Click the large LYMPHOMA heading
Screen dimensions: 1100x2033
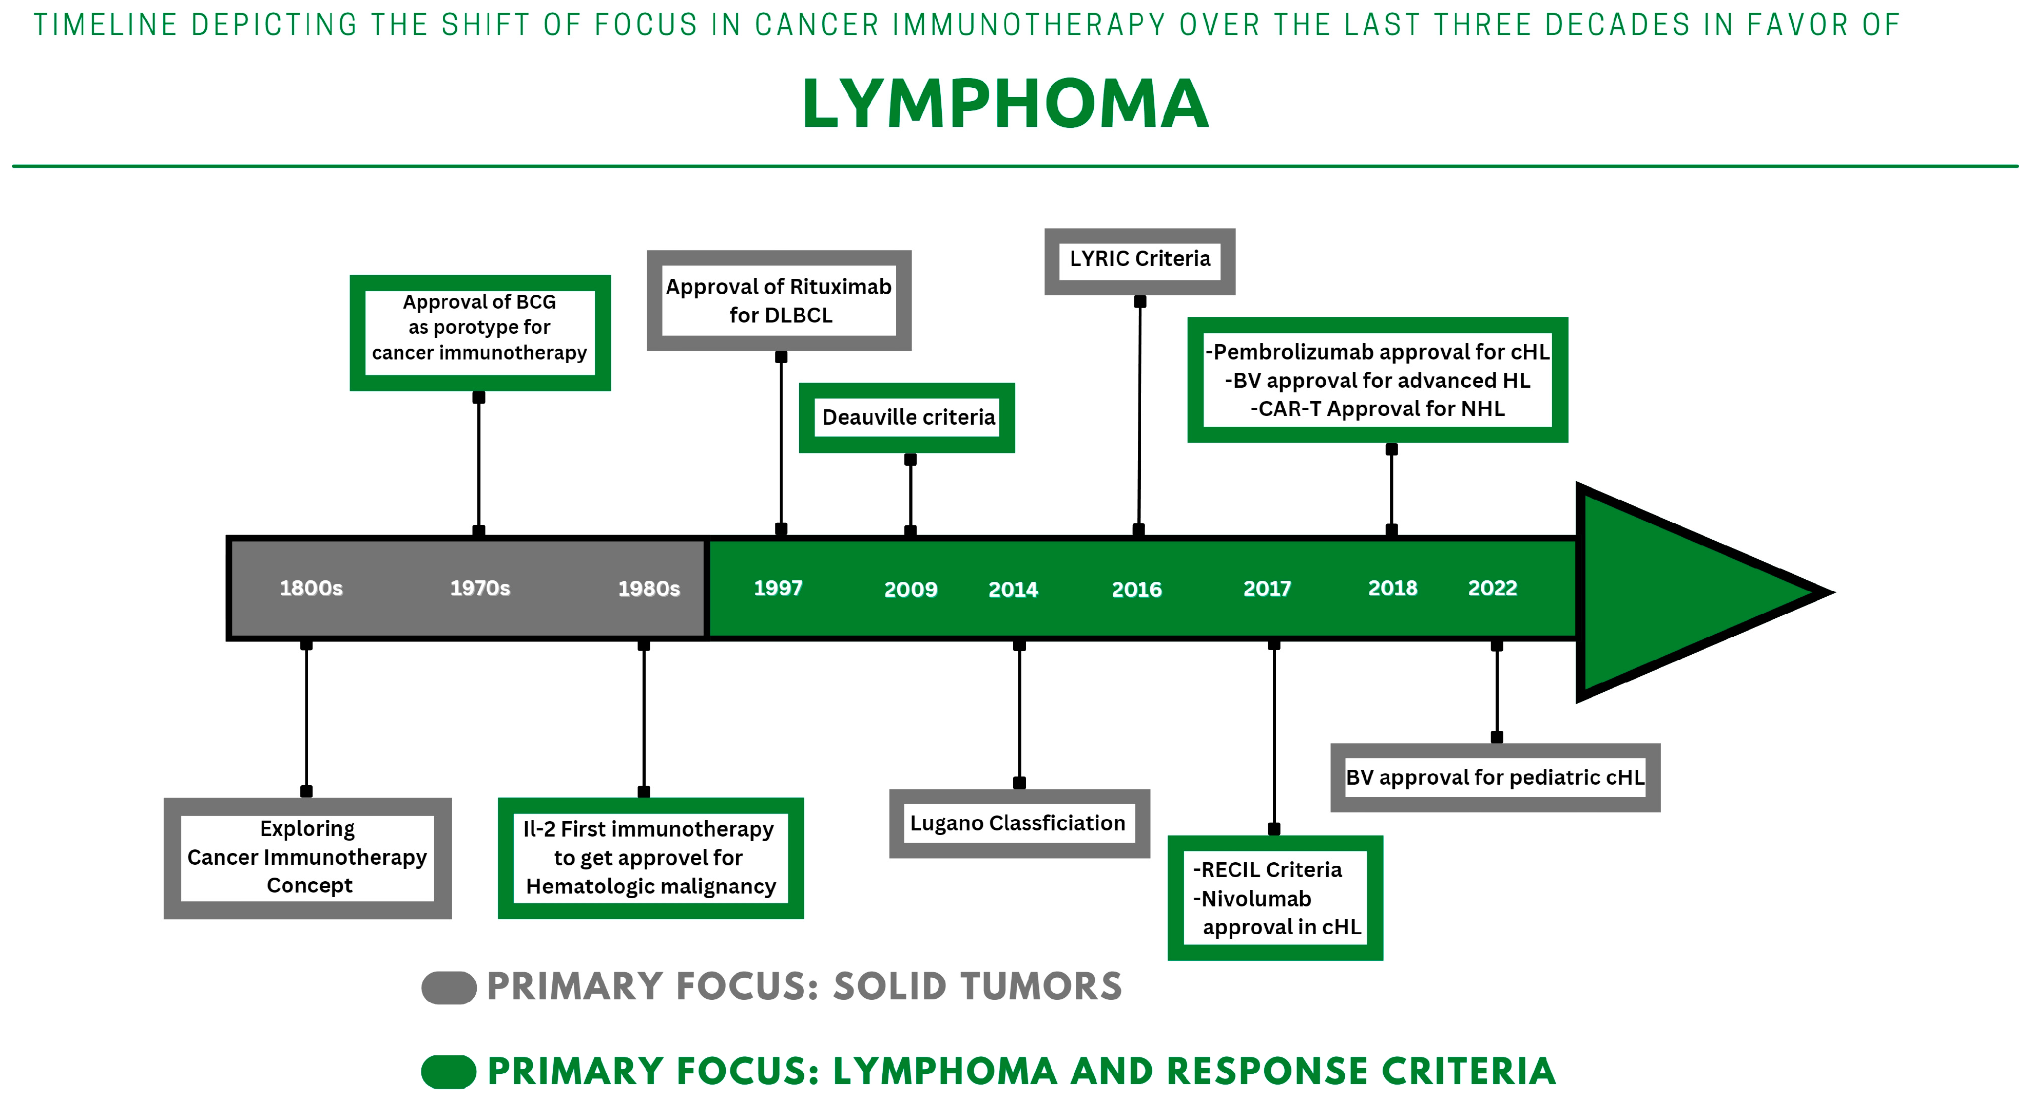point(1004,105)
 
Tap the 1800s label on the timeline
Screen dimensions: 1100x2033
point(311,589)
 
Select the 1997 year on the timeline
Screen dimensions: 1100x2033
point(778,589)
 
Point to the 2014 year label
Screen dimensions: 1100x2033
point(1013,589)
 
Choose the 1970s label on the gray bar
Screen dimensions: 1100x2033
point(480,589)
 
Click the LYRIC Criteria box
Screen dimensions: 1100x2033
point(1139,260)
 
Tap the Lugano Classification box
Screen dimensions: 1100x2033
point(1018,824)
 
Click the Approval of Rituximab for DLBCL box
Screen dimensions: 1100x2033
point(779,301)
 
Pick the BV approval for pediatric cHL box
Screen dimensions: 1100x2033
point(1495,778)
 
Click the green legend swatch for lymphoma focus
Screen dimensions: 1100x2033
point(448,1072)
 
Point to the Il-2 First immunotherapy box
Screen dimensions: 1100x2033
point(650,858)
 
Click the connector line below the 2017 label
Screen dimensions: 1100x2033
point(1274,734)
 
